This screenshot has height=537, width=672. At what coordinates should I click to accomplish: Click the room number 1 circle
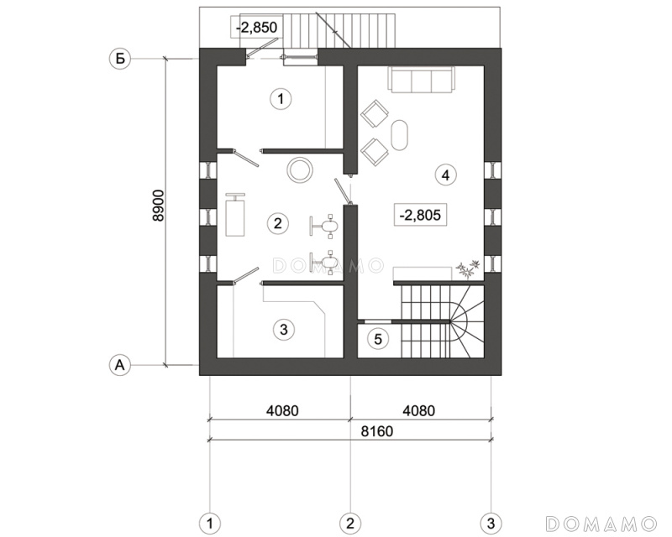(281, 99)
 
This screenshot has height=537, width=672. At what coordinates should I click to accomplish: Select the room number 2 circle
(277, 223)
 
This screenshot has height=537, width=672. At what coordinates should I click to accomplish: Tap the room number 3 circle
(283, 329)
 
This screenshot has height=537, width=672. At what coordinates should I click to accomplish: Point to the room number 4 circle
(446, 175)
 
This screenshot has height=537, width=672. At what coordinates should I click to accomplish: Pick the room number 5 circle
(377, 339)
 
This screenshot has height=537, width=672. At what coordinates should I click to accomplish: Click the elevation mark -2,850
(256, 27)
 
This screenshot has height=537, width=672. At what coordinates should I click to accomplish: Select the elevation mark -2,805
(420, 214)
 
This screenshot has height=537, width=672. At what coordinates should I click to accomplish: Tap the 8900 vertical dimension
(158, 206)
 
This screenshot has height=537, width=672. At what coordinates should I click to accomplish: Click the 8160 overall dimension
(376, 430)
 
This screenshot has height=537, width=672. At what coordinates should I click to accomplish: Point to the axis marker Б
(120, 58)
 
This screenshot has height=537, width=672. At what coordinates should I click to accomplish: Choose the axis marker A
(120, 365)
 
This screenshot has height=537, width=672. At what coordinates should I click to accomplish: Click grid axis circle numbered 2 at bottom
(350, 524)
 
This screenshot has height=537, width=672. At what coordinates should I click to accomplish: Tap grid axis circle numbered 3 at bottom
(491, 524)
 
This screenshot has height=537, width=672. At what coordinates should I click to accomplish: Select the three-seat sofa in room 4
(421, 79)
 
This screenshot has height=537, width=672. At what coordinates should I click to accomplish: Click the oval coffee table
(400, 134)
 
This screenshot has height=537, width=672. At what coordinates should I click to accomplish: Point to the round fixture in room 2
(300, 169)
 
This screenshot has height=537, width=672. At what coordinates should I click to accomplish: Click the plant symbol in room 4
(468, 268)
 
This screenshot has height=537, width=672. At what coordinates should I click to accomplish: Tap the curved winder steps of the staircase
(466, 321)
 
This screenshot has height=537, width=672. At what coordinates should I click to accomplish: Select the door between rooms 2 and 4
(344, 191)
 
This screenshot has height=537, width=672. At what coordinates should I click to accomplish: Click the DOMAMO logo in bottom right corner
(601, 524)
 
